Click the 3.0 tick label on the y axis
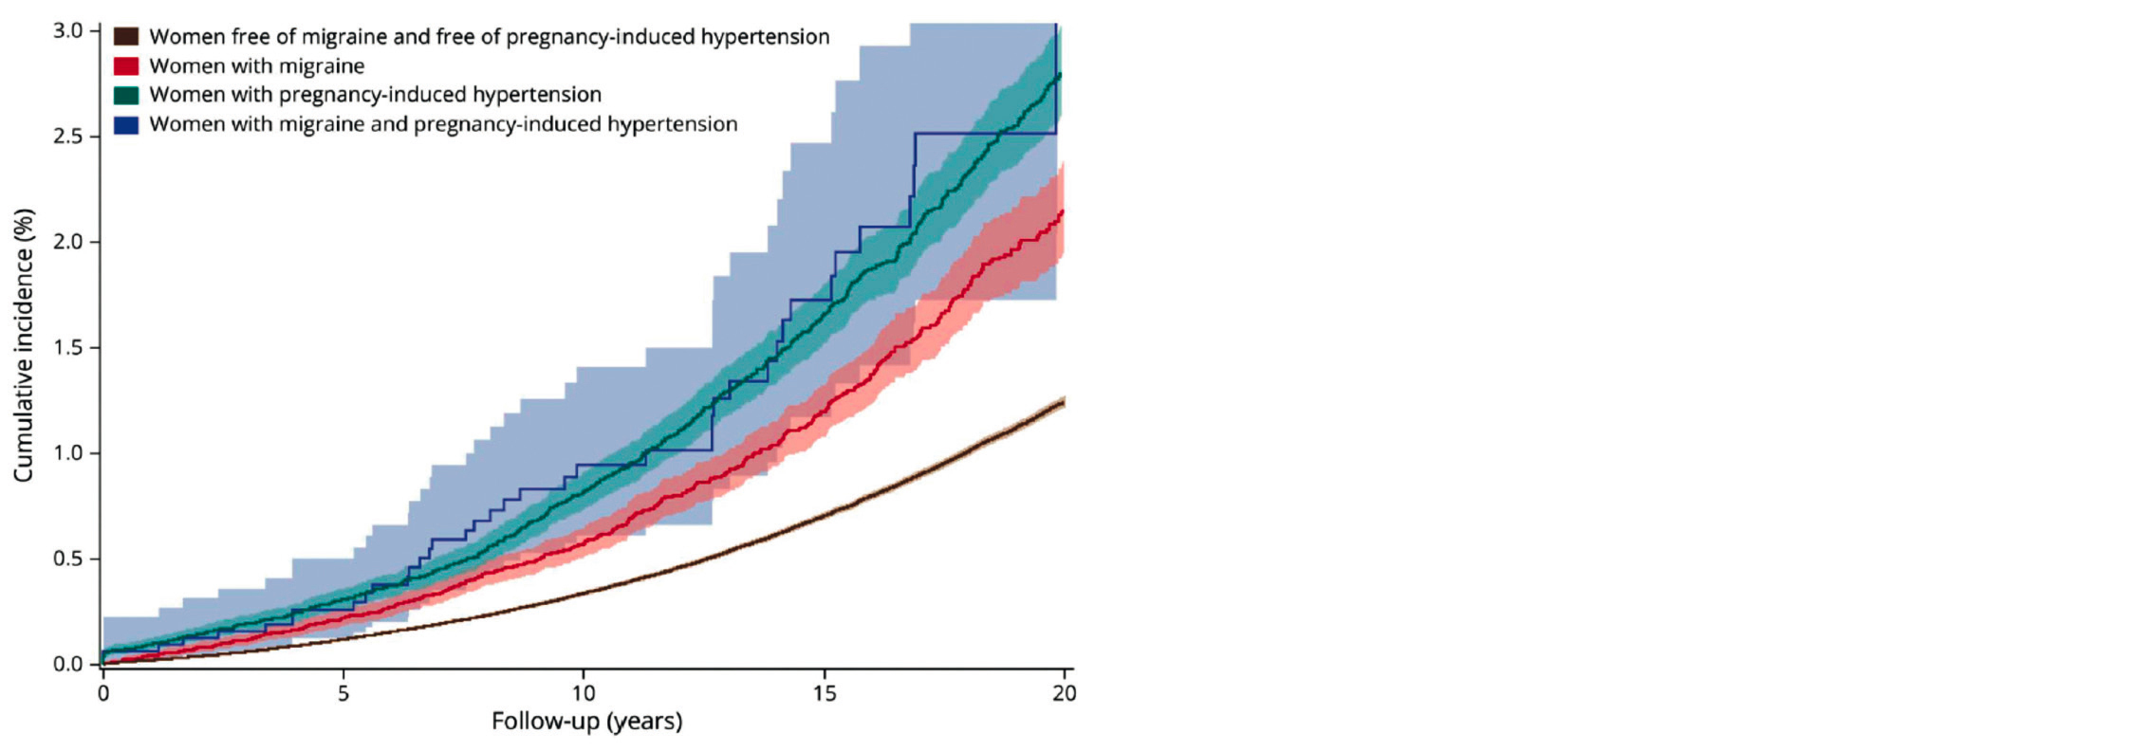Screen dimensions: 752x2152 click(x=67, y=31)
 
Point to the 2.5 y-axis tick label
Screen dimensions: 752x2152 click(x=67, y=137)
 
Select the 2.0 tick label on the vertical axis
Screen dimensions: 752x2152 click(x=67, y=242)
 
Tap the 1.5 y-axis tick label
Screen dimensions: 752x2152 click(x=67, y=348)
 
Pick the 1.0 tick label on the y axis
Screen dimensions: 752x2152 click(x=67, y=453)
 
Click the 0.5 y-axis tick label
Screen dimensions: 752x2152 click(x=67, y=559)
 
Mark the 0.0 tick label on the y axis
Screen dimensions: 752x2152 click(x=67, y=664)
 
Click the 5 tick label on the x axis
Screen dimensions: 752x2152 click(x=343, y=694)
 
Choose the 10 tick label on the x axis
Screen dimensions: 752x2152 click(x=584, y=694)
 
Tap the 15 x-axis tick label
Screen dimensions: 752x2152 click(x=825, y=694)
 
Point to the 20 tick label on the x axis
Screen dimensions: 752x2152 click(x=1065, y=694)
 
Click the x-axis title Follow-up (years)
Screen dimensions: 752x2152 click(x=586, y=722)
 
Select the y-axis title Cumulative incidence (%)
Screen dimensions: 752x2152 click(x=24, y=345)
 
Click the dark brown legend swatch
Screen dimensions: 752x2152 click(x=126, y=37)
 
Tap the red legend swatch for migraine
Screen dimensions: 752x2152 click(x=126, y=66)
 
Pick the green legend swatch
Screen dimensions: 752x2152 click(x=126, y=95)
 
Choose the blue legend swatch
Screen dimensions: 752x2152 click(x=126, y=124)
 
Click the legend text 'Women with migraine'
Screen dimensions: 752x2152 click(x=256, y=66)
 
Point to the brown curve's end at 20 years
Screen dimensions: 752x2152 click(x=1063, y=403)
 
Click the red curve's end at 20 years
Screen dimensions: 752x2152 click(x=1063, y=211)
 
